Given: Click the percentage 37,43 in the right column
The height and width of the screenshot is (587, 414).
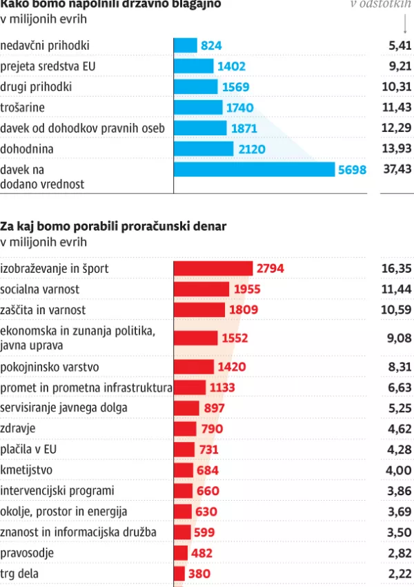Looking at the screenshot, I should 397,170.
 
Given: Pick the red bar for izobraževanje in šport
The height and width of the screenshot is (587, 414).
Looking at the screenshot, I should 213,269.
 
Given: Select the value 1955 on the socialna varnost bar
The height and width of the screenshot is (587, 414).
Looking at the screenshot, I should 248,289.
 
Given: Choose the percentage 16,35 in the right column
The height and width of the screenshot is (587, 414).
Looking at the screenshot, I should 397,269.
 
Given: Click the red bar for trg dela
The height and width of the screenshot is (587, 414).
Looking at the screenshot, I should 179,573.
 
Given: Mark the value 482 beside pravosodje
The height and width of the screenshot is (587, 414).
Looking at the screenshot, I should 201,553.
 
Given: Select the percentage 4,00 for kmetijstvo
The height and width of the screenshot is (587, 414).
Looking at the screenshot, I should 399,470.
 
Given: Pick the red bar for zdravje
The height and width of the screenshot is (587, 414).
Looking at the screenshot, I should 185,429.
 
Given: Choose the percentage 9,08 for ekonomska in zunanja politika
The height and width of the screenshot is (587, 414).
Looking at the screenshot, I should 399,338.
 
